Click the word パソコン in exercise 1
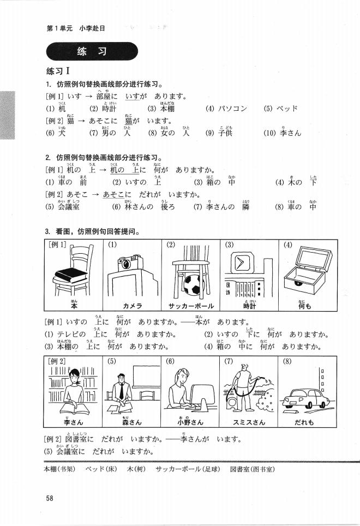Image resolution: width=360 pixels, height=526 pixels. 233,108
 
